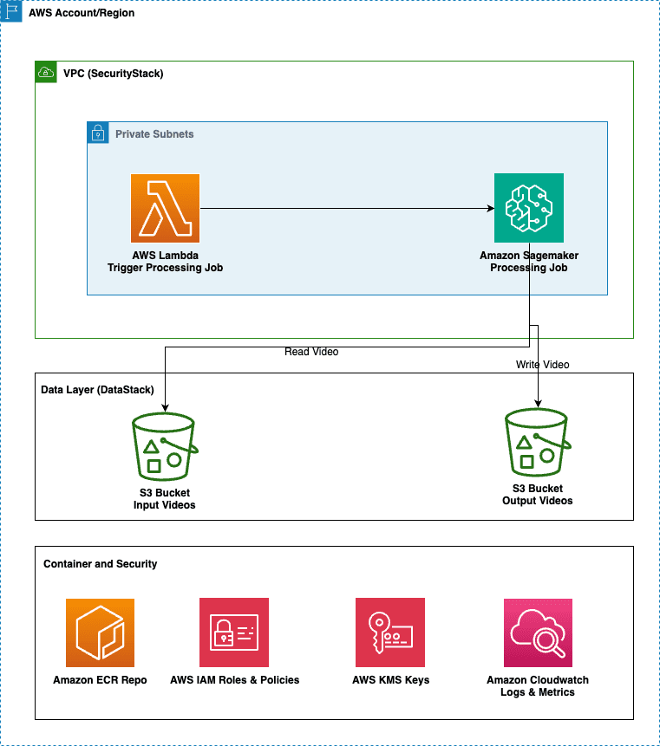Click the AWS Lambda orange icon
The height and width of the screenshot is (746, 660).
tap(166, 209)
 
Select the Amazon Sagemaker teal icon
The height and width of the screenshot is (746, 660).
tap(529, 208)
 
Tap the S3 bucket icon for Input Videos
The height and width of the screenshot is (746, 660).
tap(165, 447)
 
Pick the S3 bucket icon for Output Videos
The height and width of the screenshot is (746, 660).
tap(538, 443)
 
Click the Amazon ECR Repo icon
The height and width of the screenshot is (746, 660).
tap(100, 632)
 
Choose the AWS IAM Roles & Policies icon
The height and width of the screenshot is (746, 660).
tap(234, 632)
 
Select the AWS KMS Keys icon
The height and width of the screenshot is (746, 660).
tap(390, 632)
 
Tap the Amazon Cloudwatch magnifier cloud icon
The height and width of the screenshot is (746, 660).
tap(538, 632)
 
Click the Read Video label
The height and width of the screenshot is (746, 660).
tap(311, 352)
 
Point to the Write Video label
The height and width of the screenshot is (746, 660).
tap(542, 365)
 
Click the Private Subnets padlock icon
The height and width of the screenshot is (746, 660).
tap(98, 133)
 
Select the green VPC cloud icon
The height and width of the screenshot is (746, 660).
tap(46, 72)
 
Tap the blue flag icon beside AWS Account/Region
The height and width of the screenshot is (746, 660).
tap(11, 11)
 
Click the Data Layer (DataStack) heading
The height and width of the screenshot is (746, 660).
tap(98, 390)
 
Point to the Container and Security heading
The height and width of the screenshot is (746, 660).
tap(100, 564)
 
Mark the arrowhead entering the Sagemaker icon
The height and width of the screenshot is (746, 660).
tap(491, 209)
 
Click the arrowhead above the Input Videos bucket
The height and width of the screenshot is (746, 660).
tap(166, 408)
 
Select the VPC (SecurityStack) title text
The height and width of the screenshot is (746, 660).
tap(114, 74)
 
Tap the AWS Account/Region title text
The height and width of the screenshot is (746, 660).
tap(82, 13)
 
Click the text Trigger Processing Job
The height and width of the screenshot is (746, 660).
tap(166, 268)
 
